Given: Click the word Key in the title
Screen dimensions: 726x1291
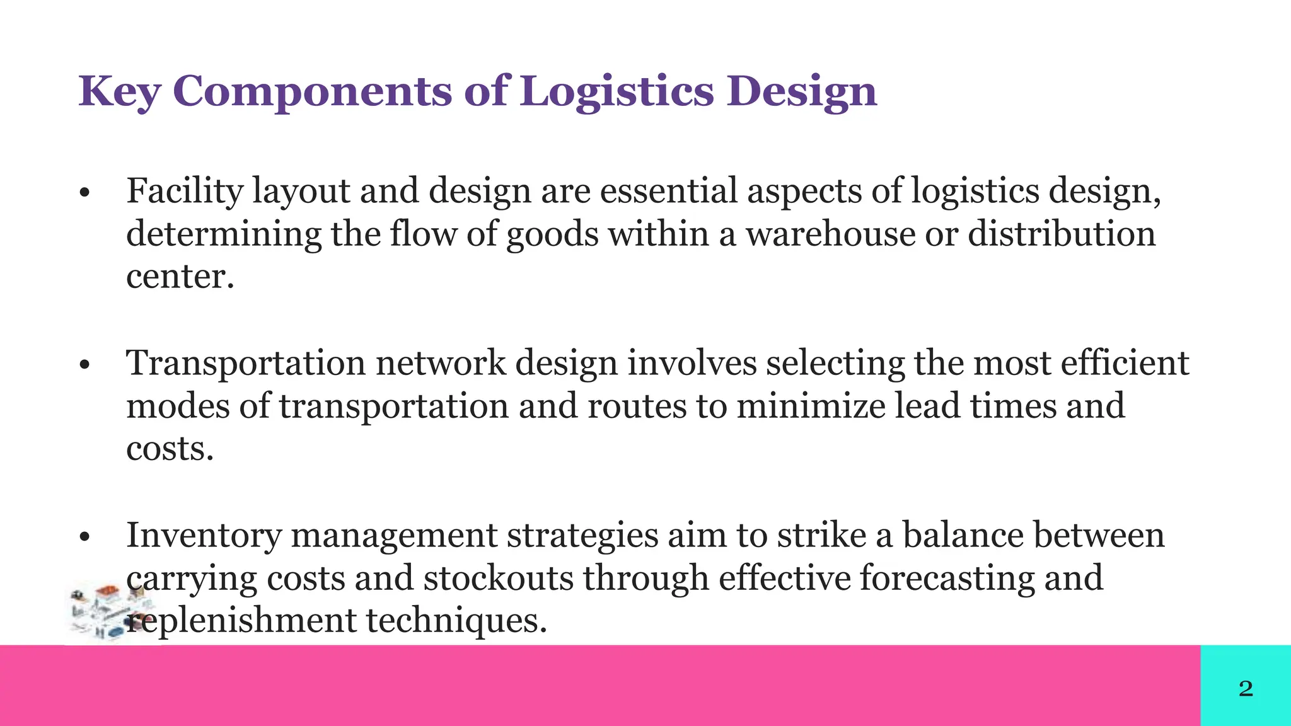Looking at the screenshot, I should point(119,92).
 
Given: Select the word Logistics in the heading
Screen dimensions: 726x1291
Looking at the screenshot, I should point(617,92).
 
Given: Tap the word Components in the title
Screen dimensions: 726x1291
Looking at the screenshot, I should point(312,92).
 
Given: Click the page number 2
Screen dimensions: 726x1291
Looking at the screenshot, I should point(1246,688).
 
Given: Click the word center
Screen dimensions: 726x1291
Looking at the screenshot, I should point(180,277).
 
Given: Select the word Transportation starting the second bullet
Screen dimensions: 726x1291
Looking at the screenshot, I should point(246,364).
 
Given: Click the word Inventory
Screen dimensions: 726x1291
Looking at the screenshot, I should point(204,536).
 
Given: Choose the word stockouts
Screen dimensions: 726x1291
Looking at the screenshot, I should point(498,579).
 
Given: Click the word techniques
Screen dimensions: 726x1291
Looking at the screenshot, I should point(456,621).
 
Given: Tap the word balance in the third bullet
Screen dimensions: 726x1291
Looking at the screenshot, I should point(966,536).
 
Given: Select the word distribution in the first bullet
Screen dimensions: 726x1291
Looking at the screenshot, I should point(1062,234).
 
